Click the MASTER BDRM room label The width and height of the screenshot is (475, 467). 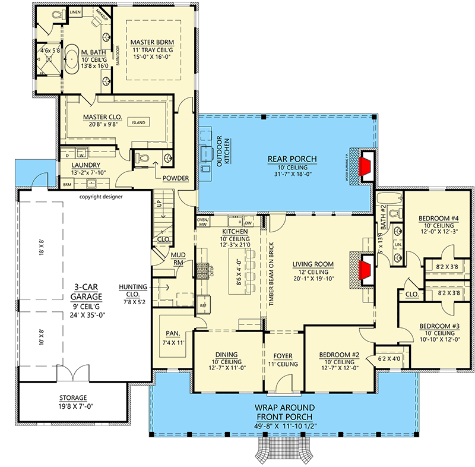153,42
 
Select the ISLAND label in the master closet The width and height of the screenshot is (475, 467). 140,122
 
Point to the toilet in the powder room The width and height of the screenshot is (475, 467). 142,157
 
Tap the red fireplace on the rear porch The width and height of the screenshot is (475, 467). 366,166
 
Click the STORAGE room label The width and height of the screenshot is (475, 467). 72,397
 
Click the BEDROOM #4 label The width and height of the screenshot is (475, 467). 438,218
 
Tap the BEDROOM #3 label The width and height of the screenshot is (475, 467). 438,326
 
